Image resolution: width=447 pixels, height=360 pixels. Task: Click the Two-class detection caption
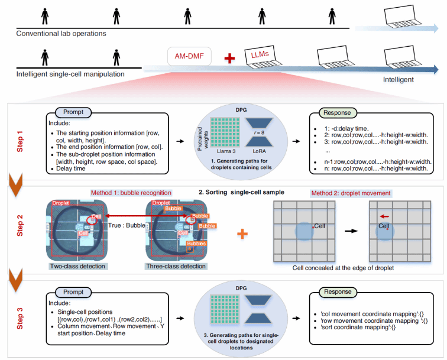[x=78, y=267]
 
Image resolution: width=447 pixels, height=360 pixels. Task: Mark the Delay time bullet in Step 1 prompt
[x=73, y=168]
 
